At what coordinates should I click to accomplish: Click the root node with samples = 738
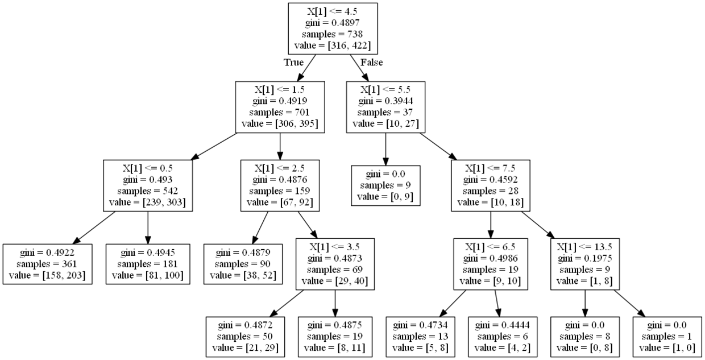pyautogui.click(x=333, y=28)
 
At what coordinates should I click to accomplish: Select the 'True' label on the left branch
pyautogui.click(x=293, y=63)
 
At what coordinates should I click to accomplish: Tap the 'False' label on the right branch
pyautogui.click(x=372, y=63)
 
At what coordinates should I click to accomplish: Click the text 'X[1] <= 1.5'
pyautogui.click(x=280, y=89)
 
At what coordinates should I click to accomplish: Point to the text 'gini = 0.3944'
pyautogui.click(x=385, y=101)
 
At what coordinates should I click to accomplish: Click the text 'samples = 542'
pyautogui.click(x=148, y=191)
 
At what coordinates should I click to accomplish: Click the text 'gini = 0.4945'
pyautogui.click(x=148, y=253)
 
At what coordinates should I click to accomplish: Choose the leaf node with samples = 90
pyautogui.click(x=243, y=264)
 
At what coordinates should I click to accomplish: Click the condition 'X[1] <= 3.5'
pyautogui.click(x=334, y=247)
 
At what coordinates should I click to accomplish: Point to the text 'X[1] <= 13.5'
pyautogui.click(x=584, y=247)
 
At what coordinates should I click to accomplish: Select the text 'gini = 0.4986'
pyautogui.click(x=490, y=258)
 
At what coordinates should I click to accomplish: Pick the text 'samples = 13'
pyautogui.click(x=420, y=336)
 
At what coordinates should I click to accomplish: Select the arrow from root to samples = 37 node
pyautogui.click(x=359, y=68)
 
